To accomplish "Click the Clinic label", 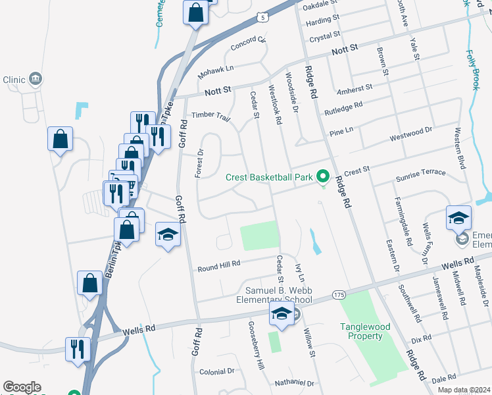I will (14, 80).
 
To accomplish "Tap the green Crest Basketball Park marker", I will (322, 176).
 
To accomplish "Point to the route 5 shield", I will (264, 16).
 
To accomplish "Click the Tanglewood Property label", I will (361, 331).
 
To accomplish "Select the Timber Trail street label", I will (210, 117).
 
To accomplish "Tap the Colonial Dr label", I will (216, 371).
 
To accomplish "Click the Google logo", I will (22, 386).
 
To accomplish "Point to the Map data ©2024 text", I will (464, 390).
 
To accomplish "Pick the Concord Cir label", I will (249, 45).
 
